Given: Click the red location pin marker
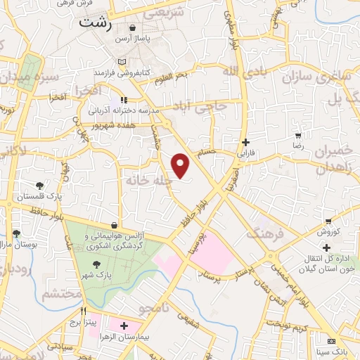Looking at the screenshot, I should pos(181,165).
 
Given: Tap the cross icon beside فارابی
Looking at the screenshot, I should pos(245,141).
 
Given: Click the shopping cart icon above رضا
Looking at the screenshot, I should pos(298,135).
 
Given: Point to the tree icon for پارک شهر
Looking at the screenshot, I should pos(96,264).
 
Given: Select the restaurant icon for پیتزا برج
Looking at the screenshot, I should pos(83,310).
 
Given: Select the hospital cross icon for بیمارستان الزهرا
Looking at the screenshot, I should pos(124,326).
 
